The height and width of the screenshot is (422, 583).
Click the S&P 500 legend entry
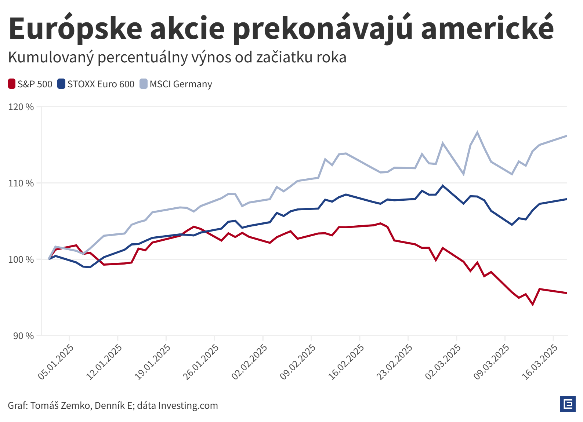30,84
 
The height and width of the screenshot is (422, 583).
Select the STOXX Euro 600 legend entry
96,84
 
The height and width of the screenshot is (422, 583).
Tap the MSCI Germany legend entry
176,84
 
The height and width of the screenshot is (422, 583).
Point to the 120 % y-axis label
21,107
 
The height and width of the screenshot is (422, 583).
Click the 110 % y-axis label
21,183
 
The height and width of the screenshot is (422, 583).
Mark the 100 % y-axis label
21,259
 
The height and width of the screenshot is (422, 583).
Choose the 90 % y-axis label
23,336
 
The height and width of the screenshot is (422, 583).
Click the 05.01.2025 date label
56,361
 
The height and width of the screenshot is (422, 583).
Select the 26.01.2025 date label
201,361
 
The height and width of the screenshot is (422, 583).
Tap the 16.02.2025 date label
346,361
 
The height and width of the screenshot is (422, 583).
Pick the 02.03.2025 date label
443,361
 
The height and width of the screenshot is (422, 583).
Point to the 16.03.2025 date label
540,361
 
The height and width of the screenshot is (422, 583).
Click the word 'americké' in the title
487,29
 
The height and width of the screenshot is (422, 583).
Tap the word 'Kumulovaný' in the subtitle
51,58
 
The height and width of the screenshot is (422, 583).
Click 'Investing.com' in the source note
188,405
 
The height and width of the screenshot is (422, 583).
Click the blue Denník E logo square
568,404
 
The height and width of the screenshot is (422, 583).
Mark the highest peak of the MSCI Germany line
477,132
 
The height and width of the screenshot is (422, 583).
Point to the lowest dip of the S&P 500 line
533,305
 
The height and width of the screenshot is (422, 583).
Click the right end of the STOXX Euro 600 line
566,199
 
